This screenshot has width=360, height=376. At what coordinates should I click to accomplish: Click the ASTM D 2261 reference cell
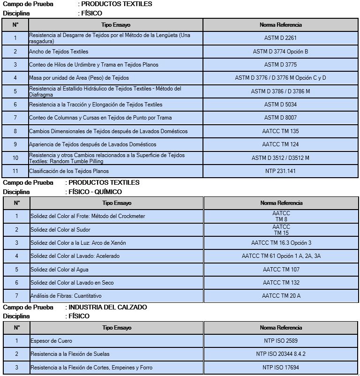[280, 38]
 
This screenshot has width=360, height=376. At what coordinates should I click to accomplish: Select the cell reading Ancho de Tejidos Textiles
[59, 52]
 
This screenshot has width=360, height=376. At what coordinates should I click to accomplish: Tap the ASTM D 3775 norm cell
[280, 65]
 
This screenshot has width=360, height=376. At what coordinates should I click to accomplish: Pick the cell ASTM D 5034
[280, 105]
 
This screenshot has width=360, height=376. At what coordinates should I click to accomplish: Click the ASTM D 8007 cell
[280, 118]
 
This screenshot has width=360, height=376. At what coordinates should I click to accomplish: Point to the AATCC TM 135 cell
[280, 131]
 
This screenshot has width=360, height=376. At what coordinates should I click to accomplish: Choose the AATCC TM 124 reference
[280, 144]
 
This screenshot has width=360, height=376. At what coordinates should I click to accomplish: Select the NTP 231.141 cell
[280, 171]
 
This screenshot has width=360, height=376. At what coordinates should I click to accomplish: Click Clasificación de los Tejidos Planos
[66, 171]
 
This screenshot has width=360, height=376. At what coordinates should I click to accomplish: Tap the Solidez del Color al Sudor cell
[60, 230]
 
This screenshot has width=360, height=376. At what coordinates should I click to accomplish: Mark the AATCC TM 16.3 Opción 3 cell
[281, 243]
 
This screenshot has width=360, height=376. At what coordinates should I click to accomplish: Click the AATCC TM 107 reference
[281, 270]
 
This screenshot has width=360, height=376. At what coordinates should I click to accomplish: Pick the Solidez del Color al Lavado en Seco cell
[72, 283]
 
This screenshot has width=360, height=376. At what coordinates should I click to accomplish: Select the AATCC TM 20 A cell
[281, 296]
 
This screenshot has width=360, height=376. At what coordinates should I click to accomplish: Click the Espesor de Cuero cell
[51, 340]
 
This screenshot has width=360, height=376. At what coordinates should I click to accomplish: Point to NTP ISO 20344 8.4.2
[281, 353]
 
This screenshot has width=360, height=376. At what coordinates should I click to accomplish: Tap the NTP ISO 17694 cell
[281, 367]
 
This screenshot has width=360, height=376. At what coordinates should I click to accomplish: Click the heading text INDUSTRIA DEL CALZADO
[108, 308]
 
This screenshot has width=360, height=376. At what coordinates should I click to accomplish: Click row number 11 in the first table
[15, 171]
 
